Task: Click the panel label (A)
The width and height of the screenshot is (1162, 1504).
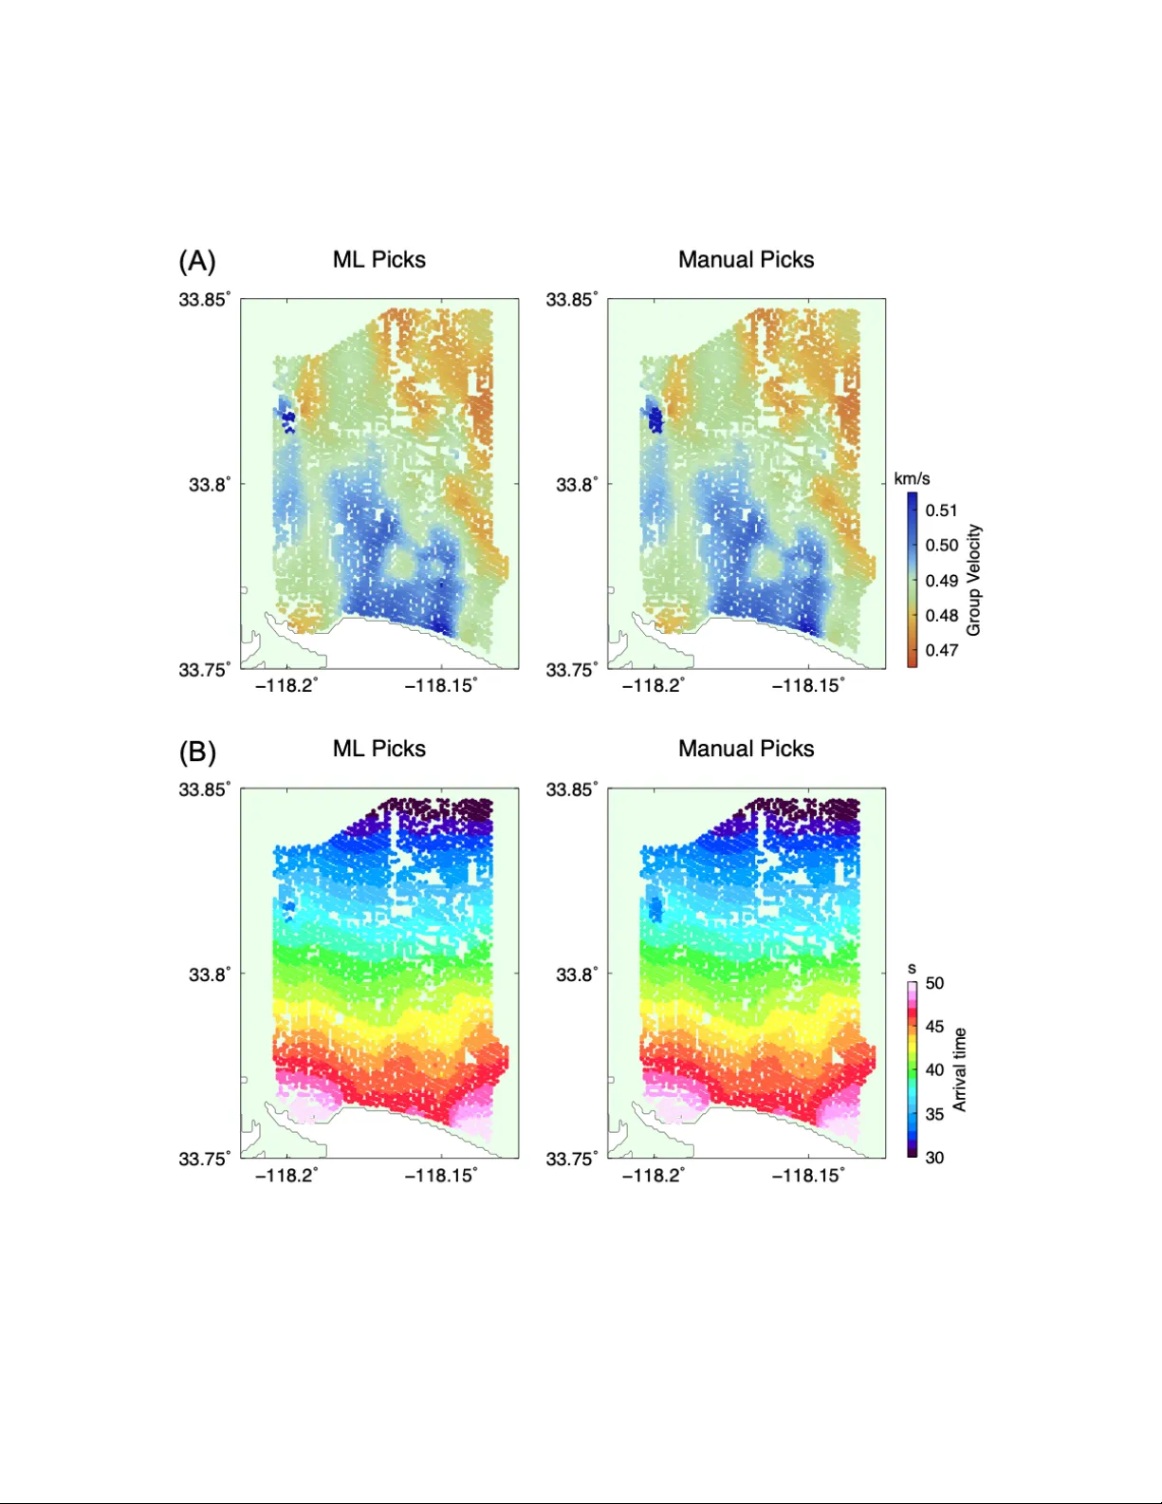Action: [x=197, y=261]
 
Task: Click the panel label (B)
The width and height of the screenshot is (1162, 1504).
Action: [x=197, y=752]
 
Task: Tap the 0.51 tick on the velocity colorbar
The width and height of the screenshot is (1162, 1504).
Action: [x=941, y=511]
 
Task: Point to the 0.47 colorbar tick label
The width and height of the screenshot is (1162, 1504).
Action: [x=941, y=650]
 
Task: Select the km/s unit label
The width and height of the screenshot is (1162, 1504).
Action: [x=912, y=478]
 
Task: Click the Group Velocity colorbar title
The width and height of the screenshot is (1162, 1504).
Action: [x=973, y=580]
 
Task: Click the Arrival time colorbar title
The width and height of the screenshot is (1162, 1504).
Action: [x=960, y=1069]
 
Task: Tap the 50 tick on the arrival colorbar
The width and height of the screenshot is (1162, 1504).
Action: [x=934, y=983]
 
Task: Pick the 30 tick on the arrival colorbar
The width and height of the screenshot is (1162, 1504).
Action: [x=934, y=1158]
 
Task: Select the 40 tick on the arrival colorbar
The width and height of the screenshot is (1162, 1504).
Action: [x=934, y=1069]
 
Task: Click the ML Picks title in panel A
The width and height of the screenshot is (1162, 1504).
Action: [x=378, y=260]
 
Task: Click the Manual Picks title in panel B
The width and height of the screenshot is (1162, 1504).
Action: [x=746, y=749]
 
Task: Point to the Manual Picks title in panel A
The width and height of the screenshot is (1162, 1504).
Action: [x=746, y=260]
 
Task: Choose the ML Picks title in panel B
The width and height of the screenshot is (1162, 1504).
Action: [x=378, y=749]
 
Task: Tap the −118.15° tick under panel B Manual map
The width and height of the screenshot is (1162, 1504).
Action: [x=807, y=1176]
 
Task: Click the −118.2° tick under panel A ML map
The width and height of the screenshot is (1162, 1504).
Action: [x=286, y=686]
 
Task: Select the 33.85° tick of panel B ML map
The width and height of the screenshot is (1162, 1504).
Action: [x=204, y=789]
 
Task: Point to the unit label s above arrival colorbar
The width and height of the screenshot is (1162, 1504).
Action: [x=912, y=969]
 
